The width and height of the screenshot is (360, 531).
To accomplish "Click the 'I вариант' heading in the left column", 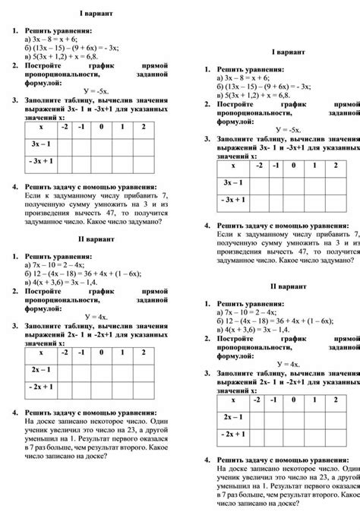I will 93,14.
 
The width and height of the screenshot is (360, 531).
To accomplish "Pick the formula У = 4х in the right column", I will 289,364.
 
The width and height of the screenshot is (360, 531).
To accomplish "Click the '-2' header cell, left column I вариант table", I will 67,127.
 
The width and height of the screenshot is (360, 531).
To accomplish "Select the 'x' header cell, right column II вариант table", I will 233,400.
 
